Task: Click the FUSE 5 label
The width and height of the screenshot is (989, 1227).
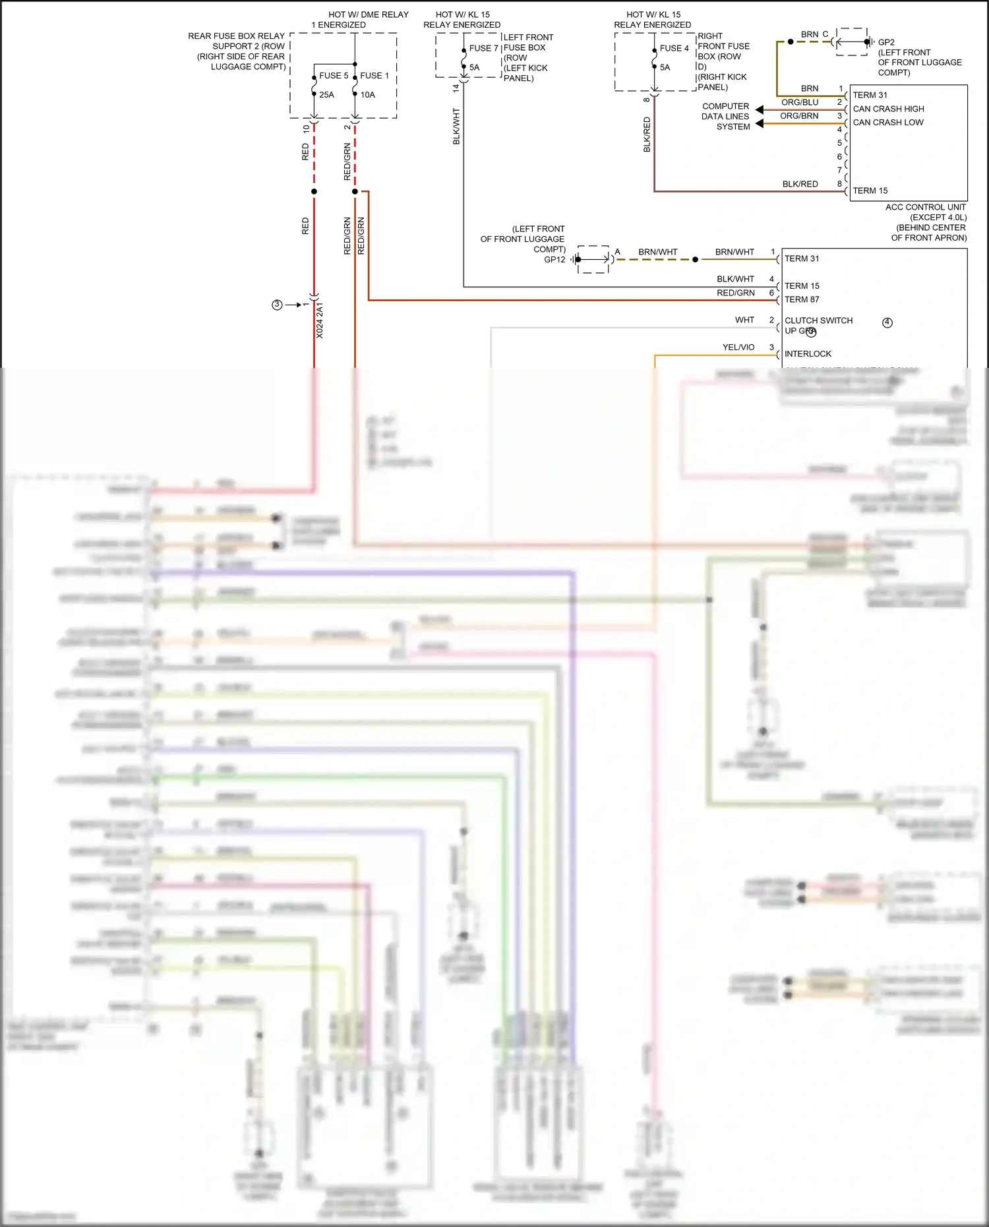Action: coord(334,76)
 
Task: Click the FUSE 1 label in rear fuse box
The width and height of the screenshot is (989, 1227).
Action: coord(374,76)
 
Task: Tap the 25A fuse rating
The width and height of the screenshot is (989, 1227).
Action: coord(326,95)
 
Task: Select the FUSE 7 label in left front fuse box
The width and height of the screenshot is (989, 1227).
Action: coord(483,48)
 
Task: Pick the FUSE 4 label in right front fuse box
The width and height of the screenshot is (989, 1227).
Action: coord(674,48)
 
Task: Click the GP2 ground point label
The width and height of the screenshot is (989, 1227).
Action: coord(886,42)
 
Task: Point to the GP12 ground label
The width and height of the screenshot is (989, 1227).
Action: coord(554,260)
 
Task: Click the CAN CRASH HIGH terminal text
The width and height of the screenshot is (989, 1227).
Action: coord(888,109)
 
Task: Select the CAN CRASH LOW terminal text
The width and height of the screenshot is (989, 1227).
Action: coord(888,123)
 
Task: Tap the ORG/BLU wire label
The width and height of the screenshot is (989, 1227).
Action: coord(800,102)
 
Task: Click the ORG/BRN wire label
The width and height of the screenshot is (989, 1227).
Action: coord(799,116)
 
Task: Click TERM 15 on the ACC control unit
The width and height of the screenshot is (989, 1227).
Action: coord(870,191)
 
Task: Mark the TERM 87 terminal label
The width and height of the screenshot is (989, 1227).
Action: coord(802,299)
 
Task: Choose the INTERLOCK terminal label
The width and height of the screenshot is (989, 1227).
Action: coord(808,354)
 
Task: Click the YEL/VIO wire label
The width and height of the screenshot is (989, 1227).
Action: coord(738,347)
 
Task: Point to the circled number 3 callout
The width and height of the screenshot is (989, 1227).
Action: coord(277,305)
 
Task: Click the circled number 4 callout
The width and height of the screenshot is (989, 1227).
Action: coord(887,322)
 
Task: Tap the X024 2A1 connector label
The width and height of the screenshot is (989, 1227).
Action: coord(320,321)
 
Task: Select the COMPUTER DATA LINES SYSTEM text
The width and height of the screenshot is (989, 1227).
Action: coord(725,116)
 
